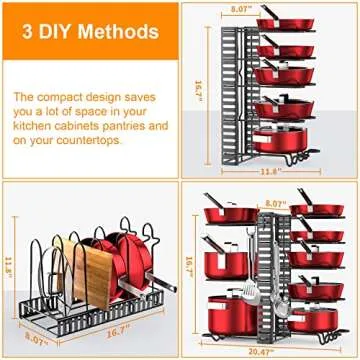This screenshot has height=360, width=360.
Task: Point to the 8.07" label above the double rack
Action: tap(275, 203)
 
